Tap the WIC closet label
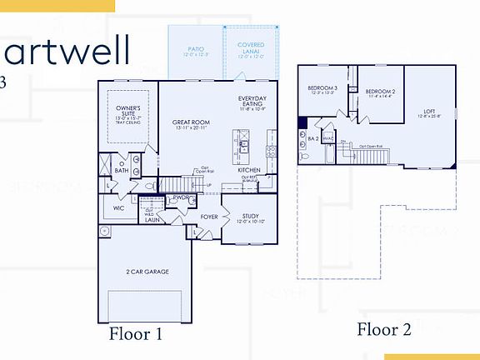coord(118,208)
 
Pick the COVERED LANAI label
coord(251,48)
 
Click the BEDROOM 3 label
coord(322,88)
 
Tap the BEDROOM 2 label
coord(380,92)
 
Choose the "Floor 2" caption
coord(384,329)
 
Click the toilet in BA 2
coord(303,156)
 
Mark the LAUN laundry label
coord(152,220)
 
